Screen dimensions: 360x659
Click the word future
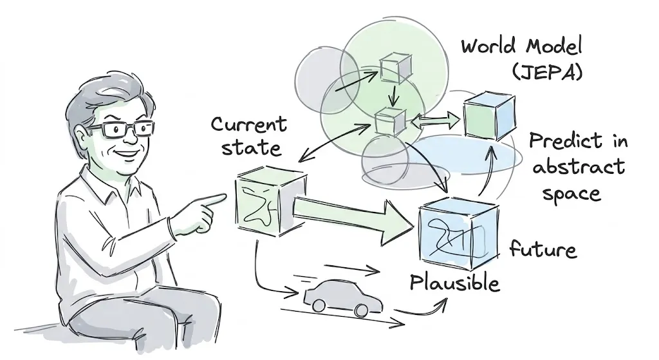[543, 249]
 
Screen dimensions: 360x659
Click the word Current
[249, 124]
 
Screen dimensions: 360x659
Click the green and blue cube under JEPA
[488, 116]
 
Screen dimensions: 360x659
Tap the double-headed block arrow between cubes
[435, 120]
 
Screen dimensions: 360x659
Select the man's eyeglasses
[122, 129]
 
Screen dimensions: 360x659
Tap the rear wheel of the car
[317, 305]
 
